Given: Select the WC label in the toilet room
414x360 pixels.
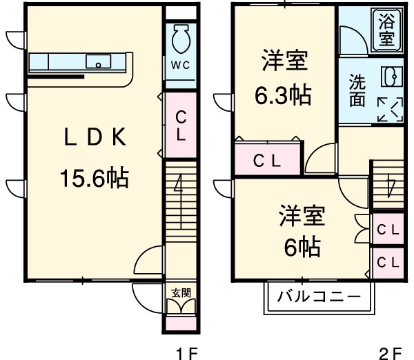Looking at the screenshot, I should point(181,66).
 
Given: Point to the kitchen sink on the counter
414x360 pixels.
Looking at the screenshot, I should point(99,63).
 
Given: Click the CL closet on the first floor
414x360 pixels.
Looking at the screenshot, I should point(181,125).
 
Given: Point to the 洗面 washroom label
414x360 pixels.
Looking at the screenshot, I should point(357,90).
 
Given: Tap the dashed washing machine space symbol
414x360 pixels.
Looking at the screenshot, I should point(390,109).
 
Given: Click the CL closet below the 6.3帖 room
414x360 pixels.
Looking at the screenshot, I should point(266,161).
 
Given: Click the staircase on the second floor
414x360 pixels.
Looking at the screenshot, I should point(388,182).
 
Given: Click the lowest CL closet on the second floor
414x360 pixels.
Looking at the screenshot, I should point(388,262).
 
